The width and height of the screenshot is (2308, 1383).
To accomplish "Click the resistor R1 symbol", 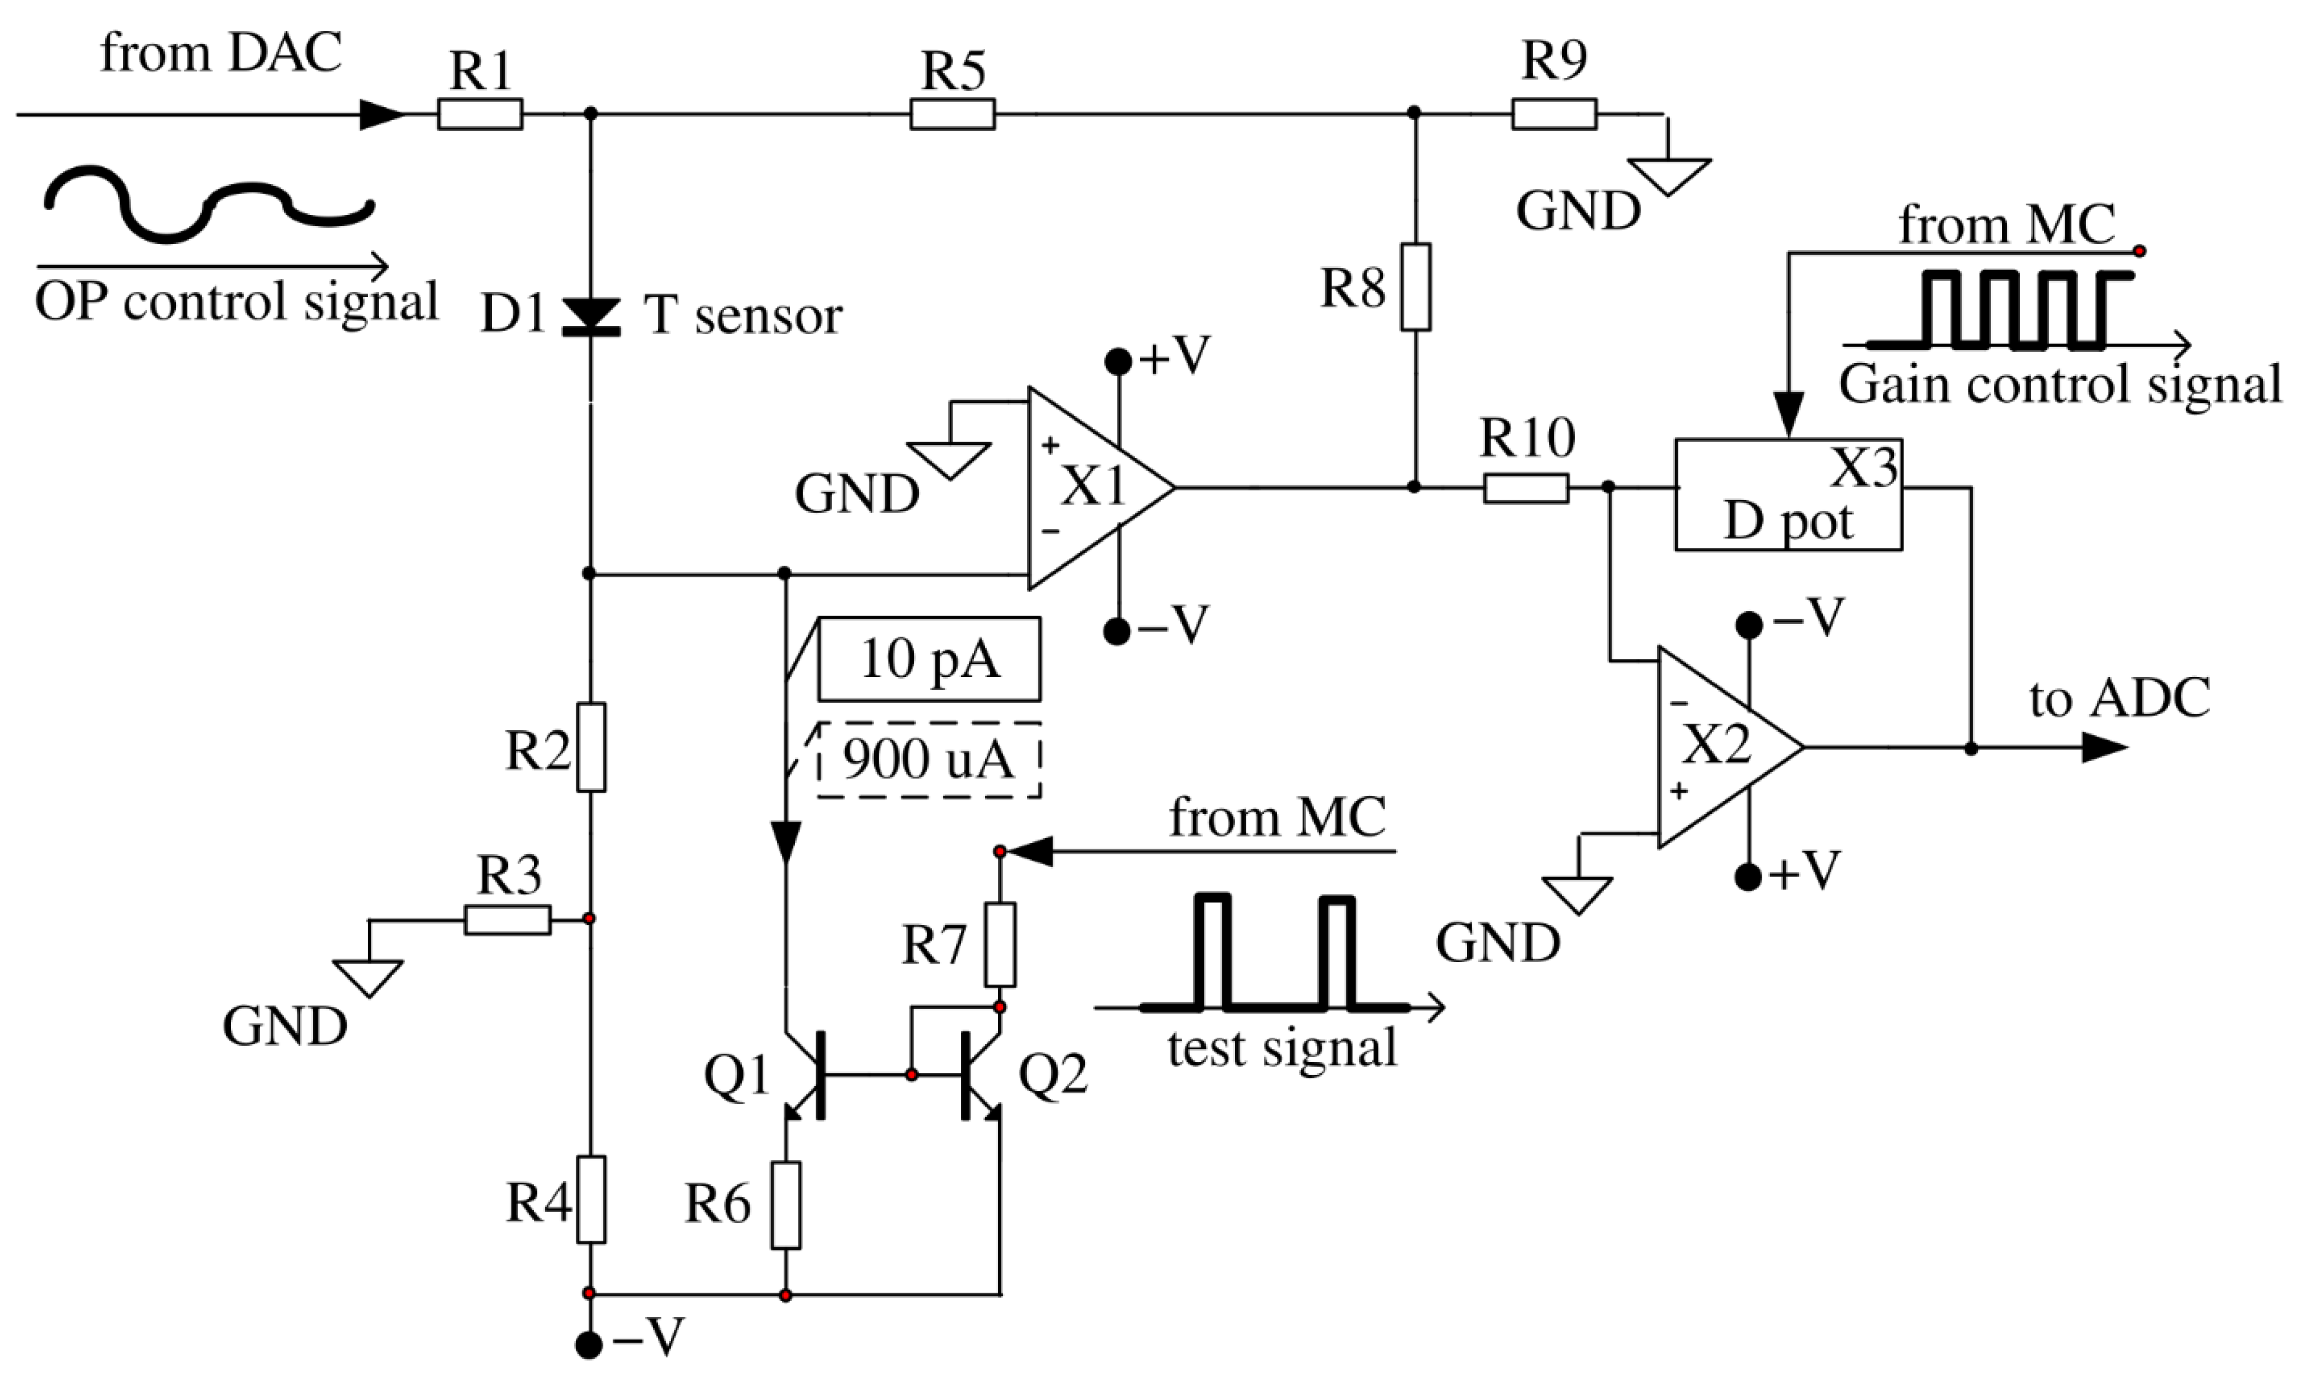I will tap(480, 115).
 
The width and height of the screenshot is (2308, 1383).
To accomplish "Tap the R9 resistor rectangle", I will tap(1554, 115).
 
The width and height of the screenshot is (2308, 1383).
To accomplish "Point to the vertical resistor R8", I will tap(1415, 287).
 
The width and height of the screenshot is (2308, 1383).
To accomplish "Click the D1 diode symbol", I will tap(590, 317).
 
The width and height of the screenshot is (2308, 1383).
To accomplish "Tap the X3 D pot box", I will tap(1788, 494).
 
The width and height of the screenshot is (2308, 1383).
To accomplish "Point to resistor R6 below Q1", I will tap(786, 1205).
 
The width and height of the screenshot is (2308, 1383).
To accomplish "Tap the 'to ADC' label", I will tap(2119, 699).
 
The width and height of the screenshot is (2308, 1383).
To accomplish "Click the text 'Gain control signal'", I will tap(2060, 384).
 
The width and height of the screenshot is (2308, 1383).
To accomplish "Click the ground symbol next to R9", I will tap(1670, 175).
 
